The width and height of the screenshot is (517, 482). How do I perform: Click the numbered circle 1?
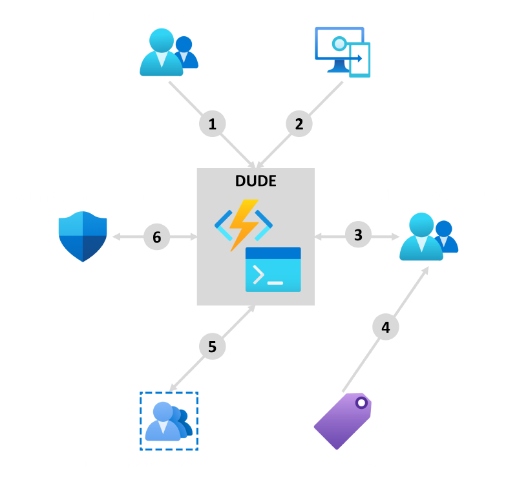point(213,123)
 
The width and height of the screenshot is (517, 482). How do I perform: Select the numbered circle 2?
point(299,123)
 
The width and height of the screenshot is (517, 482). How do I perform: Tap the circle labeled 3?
point(359,235)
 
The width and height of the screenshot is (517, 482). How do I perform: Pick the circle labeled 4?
point(386,327)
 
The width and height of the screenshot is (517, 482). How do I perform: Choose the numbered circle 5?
point(213,346)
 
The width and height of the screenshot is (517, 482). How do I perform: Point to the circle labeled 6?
point(157,236)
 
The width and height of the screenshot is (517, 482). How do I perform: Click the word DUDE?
point(256,181)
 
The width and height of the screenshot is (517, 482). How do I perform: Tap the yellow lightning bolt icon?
point(244,225)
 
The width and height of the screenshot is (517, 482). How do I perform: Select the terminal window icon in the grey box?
point(273,269)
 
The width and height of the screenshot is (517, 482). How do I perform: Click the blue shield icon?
point(83,236)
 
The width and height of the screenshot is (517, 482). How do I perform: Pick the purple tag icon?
point(343,421)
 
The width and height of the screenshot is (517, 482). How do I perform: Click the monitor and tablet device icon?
point(343,52)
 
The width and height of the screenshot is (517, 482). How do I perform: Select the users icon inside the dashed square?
point(169,421)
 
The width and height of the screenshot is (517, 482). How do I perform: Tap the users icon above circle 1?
point(169,52)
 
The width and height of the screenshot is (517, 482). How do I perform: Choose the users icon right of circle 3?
point(428,236)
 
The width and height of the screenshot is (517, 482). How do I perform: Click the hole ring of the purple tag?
point(361,403)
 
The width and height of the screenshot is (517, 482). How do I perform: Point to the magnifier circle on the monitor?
point(339,43)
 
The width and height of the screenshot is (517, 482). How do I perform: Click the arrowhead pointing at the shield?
point(116,236)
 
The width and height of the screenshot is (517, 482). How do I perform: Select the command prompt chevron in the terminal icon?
point(258,275)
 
